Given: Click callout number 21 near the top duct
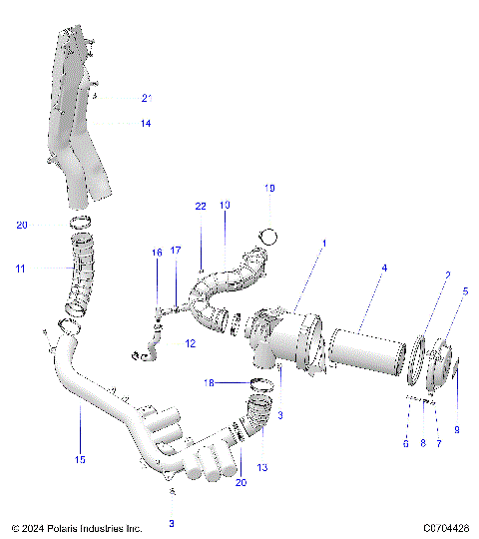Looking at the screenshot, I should (146, 98).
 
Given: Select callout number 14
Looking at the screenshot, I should (146, 123).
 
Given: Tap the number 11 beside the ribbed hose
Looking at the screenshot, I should (20, 269).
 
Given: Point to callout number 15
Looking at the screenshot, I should (80, 459).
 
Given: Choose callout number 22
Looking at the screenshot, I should (201, 206).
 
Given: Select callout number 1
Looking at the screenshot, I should (322, 243).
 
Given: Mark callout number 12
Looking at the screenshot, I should (189, 343).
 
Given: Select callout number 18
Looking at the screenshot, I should (209, 382).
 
